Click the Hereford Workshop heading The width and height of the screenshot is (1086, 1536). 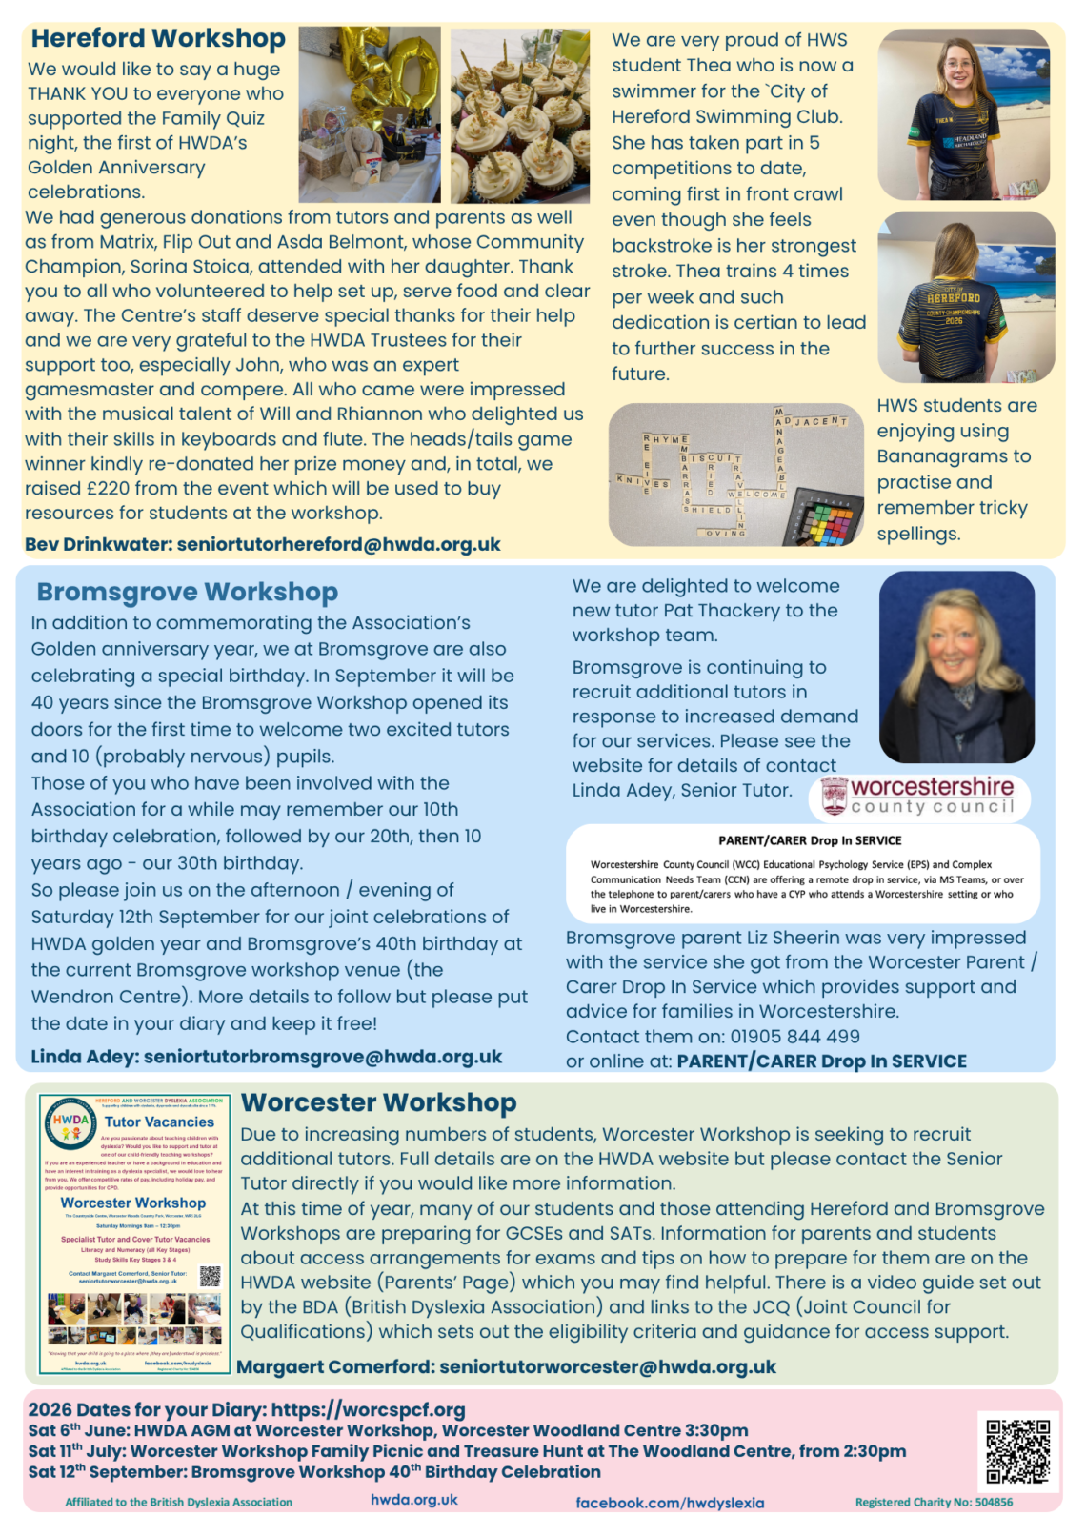pos(158,38)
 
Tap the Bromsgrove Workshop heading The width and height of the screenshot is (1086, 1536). pos(187,592)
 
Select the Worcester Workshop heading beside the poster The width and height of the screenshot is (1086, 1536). pos(378,1102)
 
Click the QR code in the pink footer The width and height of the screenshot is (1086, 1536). pos(1017,1451)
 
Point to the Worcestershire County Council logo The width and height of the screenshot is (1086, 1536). pos(919,796)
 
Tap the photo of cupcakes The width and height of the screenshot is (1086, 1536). pos(520,114)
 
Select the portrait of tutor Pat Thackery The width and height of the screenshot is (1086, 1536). pos(956,667)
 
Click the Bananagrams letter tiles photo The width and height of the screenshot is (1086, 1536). pos(735,474)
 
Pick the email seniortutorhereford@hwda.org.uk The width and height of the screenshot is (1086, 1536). pos(338,545)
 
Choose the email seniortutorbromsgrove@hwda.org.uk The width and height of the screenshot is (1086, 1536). pos(322,1057)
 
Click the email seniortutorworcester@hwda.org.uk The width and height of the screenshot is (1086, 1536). pos(607,1367)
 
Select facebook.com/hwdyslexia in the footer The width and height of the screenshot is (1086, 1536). pos(670,1503)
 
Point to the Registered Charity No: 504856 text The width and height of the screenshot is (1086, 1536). pos(934,1502)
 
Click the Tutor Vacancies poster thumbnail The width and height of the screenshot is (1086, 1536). pos(133,1233)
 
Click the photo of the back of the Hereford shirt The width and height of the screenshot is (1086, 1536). pos(965,297)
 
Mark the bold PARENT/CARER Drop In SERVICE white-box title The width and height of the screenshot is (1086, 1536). pos(809,840)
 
